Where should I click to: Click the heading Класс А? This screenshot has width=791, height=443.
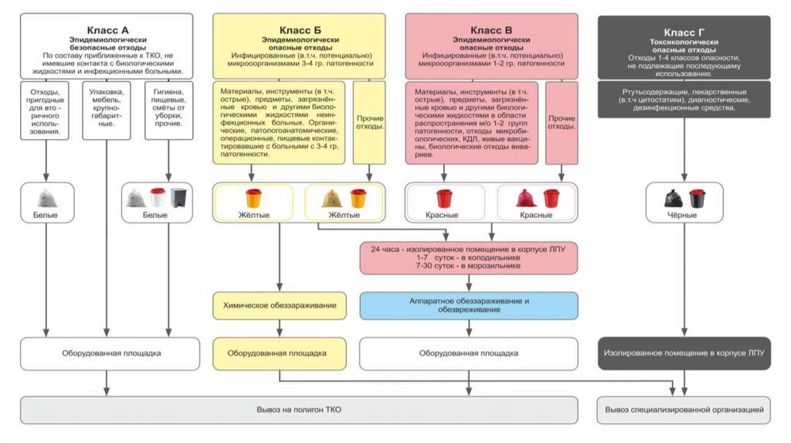point(107,28)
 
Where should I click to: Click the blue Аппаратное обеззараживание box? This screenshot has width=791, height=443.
point(469,305)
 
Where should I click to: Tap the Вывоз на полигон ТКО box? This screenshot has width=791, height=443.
point(298,409)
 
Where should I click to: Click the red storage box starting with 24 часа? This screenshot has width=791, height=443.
point(469,257)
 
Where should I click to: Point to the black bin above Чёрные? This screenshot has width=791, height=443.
point(697,198)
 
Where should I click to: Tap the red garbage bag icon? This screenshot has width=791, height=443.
point(526,198)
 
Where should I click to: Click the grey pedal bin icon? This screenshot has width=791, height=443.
point(178,198)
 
